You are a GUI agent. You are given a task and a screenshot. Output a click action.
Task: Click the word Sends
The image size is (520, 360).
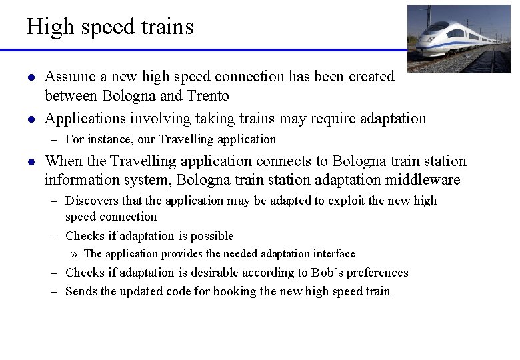click(x=81, y=291)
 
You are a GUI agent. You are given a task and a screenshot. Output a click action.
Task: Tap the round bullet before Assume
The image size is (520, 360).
click(x=31, y=78)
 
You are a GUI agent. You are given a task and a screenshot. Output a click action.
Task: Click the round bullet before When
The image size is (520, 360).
click(x=31, y=162)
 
